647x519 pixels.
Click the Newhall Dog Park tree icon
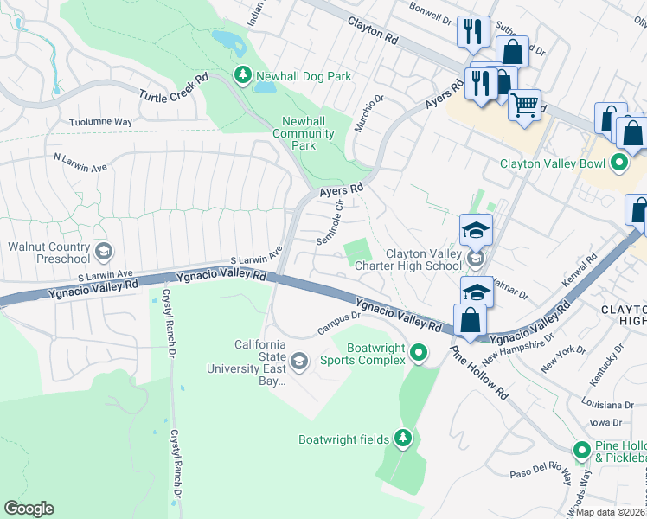click(243, 76)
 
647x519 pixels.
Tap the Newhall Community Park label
click(303, 133)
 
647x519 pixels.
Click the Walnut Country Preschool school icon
click(103, 252)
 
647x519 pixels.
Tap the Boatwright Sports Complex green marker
click(420, 352)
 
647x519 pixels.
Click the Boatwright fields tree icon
click(402, 439)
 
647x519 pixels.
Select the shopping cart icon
click(524, 106)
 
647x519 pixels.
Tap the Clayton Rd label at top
click(373, 30)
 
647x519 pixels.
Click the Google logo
click(29, 509)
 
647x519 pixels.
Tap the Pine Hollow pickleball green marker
click(583, 451)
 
